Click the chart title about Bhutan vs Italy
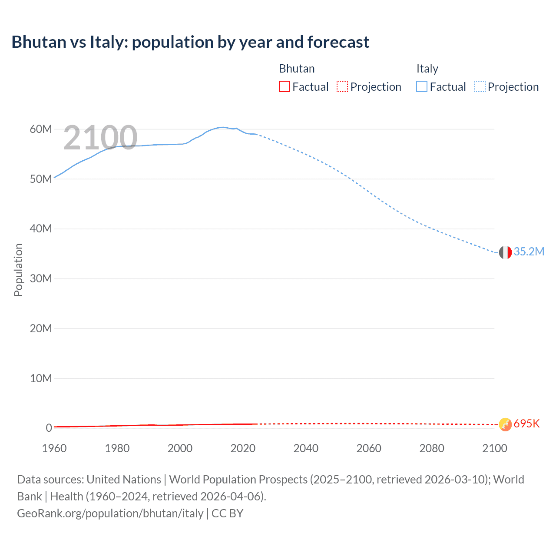click(190, 42)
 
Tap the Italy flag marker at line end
click(505, 252)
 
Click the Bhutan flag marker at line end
click(505, 424)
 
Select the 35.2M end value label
click(529, 252)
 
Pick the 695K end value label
click(526, 424)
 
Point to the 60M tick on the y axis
click(41, 129)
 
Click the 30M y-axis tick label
click(41, 279)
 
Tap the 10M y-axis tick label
click(41, 378)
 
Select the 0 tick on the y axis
click(49, 428)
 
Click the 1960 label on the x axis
click(54, 449)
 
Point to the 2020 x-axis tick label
click(243, 449)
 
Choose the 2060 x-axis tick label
click(369, 449)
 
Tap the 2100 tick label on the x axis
click(494, 449)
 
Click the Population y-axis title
click(18, 270)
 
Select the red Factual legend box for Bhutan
click(285, 87)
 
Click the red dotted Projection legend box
click(342, 87)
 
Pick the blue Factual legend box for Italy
click(422, 87)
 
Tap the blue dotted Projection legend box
click(480, 87)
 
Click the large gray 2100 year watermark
click(100, 138)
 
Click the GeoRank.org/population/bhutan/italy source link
click(110, 513)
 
